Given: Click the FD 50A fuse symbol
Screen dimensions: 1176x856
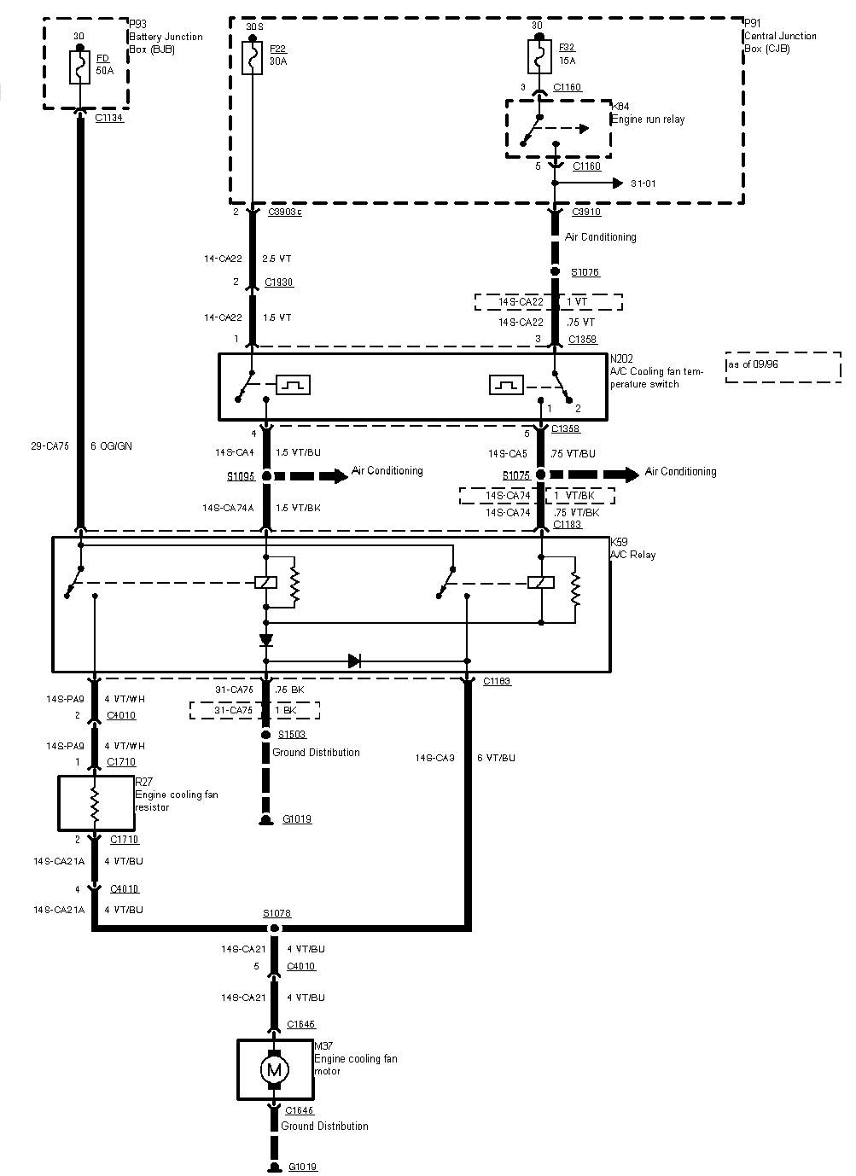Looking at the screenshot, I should click(x=79, y=67).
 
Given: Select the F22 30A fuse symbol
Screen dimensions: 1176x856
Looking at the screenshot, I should click(x=252, y=61).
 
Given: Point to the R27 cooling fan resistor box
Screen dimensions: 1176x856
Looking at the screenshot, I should click(x=96, y=802).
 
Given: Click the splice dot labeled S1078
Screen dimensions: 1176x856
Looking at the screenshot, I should click(x=274, y=928).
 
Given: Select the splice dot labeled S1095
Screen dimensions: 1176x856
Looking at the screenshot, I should click(x=266, y=475).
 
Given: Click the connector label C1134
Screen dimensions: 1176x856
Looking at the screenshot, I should click(x=109, y=118).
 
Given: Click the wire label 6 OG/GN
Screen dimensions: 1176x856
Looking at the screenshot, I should click(x=111, y=446).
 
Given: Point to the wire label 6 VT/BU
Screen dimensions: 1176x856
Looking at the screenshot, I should click(x=496, y=758).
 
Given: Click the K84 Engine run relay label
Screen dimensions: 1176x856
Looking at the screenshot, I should click(x=648, y=114).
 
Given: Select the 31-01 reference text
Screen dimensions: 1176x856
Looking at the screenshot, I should click(x=643, y=183).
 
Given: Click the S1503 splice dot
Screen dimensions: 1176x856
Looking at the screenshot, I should click(x=266, y=734).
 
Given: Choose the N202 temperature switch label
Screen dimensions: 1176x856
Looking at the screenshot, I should click(x=644, y=372).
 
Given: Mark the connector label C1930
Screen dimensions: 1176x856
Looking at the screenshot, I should click(x=279, y=282).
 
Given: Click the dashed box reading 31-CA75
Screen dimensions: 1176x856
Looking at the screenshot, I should click(x=254, y=710).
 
